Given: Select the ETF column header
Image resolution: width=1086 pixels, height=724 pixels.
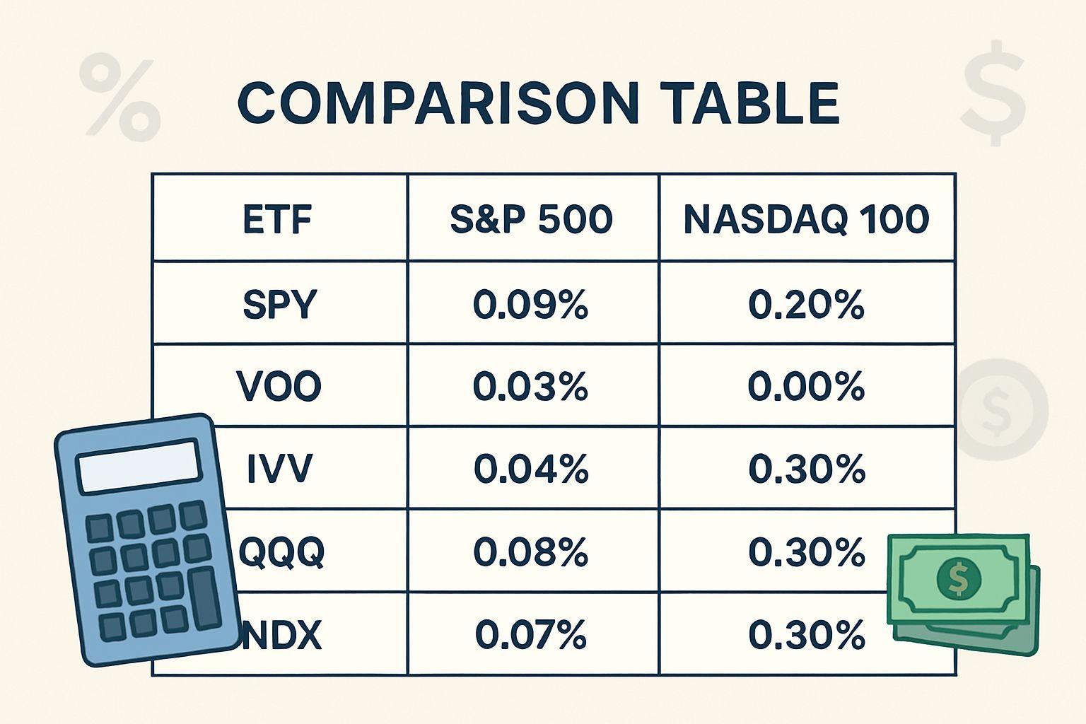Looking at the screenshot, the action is click(277, 219).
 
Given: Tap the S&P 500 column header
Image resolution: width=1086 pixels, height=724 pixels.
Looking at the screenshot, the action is click(532, 219).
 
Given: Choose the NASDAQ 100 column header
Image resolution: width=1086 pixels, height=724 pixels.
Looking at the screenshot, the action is click(806, 219).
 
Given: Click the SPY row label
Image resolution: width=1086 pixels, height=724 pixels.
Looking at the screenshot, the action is click(280, 304).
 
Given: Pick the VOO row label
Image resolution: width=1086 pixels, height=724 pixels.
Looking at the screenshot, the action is click(279, 386).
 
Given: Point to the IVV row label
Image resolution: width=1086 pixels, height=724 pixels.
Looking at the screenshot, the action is click(279, 469).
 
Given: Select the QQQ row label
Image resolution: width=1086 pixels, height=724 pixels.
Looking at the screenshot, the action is click(281, 552).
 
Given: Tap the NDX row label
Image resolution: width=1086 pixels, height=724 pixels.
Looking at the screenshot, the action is click(281, 635).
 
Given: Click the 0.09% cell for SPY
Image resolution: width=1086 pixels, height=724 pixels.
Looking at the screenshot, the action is click(530, 305).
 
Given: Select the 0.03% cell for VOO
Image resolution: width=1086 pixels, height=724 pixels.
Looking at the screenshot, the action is click(530, 387).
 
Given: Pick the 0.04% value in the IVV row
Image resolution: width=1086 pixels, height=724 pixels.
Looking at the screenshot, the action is click(531, 469).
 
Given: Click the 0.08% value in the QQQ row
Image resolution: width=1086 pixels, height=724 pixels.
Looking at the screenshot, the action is click(531, 552).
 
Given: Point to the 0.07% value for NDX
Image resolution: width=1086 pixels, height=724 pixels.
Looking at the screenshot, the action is click(531, 635).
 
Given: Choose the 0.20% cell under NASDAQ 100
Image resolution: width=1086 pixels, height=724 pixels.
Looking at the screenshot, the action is click(806, 305).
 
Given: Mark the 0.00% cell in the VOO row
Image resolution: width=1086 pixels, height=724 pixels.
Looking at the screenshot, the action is click(806, 387).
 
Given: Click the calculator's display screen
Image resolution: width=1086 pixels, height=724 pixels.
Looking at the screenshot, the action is click(139, 466).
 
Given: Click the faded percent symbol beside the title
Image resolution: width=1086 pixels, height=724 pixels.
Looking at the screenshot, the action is click(119, 96).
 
